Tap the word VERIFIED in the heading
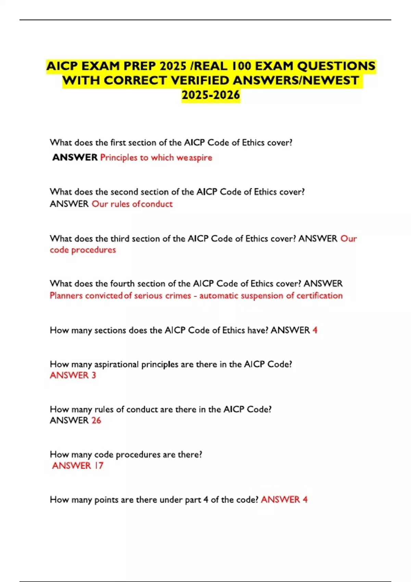[x=200, y=80]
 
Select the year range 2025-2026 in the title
[x=211, y=95]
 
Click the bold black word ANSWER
[x=75, y=157]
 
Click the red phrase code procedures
[x=83, y=250]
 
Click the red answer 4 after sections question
[x=315, y=330]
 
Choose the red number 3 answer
[x=94, y=376]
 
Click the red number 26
[x=96, y=420]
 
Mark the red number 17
[x=99, y=466]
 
